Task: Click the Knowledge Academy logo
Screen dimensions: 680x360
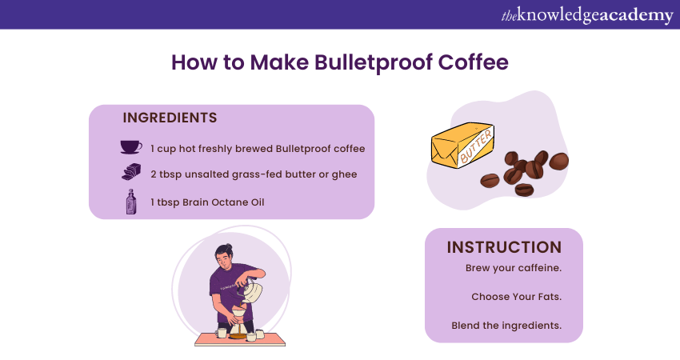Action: (587, 15)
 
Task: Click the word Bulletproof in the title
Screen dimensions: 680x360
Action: (373, 63)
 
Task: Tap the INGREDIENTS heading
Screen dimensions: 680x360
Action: (170, 118)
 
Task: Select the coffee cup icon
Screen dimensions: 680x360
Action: (131, 147)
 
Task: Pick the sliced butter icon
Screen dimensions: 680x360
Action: (131, 172)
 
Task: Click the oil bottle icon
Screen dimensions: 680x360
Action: (131, 202)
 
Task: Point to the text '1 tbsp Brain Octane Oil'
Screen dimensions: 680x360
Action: (207, 202)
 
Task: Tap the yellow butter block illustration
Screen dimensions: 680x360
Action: (462, 145)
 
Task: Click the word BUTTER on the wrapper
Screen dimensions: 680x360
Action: (476, 146)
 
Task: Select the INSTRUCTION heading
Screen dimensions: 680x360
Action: (504, 247)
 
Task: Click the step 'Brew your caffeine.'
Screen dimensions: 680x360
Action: (514, 268)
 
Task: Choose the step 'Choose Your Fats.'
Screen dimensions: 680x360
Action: (517, 297)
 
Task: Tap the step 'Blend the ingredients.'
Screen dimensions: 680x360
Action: (506, 326)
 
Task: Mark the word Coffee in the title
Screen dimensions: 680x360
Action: (473, 62)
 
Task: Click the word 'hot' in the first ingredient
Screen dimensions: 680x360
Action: (187, 148)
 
